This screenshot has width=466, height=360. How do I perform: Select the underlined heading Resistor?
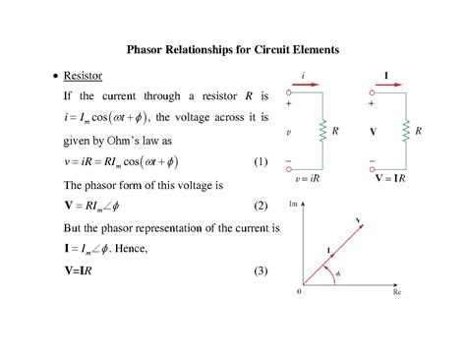pos(84,76)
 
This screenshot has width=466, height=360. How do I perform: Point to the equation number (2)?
pos(260,207)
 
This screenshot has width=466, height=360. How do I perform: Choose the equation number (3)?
pos(260,271)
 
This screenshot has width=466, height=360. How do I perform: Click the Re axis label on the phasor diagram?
pos(397,293)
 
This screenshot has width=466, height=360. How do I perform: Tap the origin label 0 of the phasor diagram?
pos(298,293)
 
